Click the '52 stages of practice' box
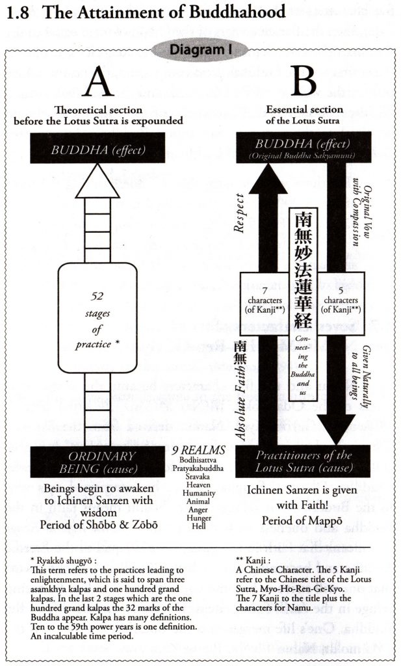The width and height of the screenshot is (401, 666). pos(97,315)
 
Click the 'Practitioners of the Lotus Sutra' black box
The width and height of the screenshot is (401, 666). pos(303,461)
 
